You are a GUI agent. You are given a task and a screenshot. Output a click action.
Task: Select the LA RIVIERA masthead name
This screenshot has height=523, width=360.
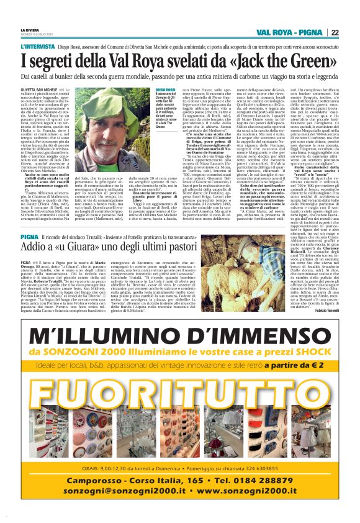click(x=30, y=29)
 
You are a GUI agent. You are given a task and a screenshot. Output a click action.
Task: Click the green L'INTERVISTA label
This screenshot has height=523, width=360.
click(x=37, y=47)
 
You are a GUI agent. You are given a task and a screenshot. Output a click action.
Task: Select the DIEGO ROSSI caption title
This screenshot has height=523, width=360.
click(x=165, y=89)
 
